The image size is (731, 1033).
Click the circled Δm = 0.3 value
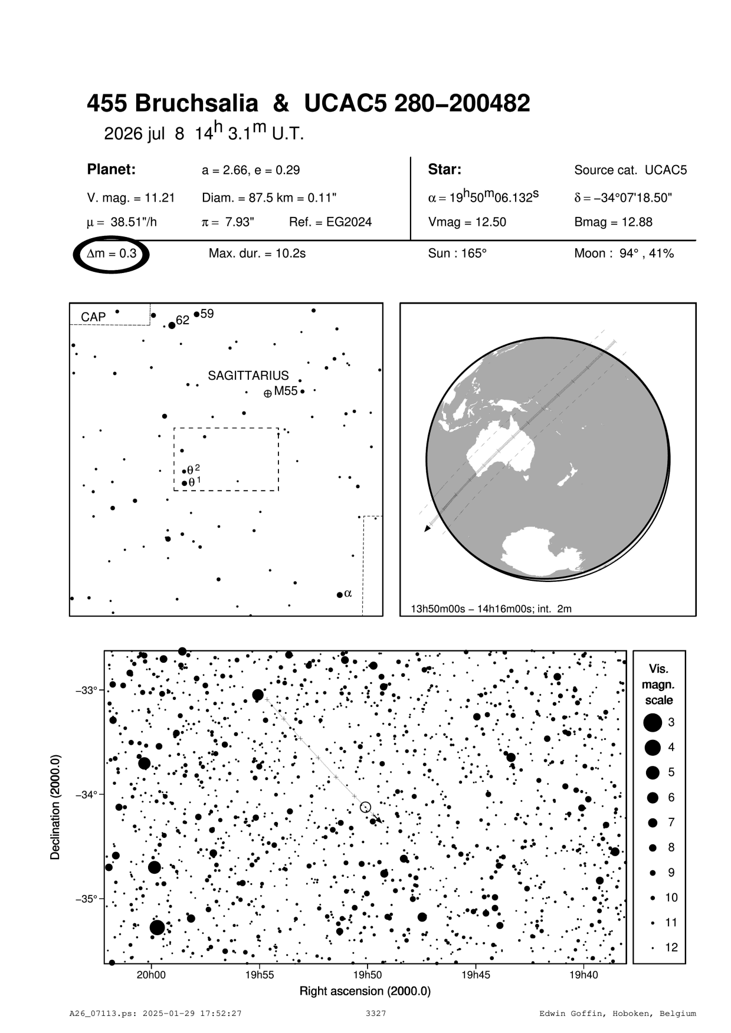(x=112, y=254)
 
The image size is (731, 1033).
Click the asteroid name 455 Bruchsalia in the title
(x=172, y=104)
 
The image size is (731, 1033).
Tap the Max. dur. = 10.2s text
(x=257, y=254)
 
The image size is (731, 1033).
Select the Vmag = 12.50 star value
(x=467, y=222)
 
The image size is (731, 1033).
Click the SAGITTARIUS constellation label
(x=248, y=376)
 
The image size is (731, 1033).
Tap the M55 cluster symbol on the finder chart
(x=268, y=393)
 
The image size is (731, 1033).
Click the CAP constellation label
(x=93, y=317)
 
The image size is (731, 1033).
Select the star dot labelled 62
(x=172, y=325)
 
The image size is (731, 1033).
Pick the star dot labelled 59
(x=196, y=314)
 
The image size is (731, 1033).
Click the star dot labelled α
(x=340, y=594)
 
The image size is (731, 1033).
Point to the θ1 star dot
(x=184, y=483)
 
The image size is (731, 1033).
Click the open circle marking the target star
(x=365, y=807)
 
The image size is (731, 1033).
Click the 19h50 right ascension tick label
(x=367, y=975)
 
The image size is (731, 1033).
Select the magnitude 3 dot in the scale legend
(x=653, y=722)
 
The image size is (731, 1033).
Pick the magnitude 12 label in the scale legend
(x=671, y=948)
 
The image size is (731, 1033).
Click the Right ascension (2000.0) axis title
(x=365, y=991)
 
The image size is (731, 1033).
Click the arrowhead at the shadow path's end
(x=427, y=529)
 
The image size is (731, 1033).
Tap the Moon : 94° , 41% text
(x=624, y=254)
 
